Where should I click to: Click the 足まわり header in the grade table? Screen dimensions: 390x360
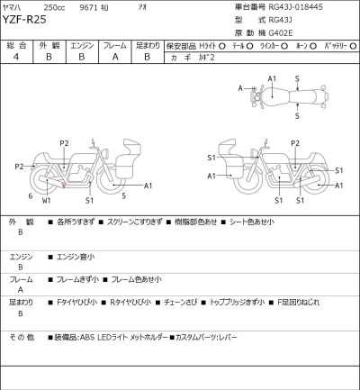point(147,43)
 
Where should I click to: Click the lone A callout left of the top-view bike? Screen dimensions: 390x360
point(241,87)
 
